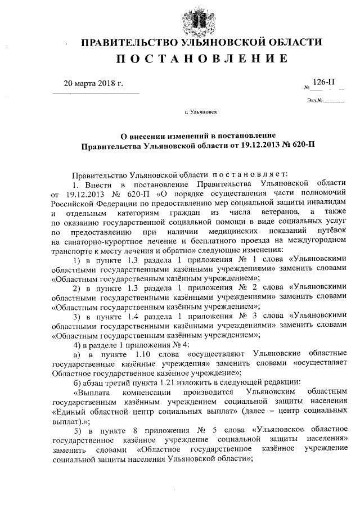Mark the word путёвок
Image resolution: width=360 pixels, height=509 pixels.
click(x=331, y=232)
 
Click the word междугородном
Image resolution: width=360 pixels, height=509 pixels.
click(x=316, y=242)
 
